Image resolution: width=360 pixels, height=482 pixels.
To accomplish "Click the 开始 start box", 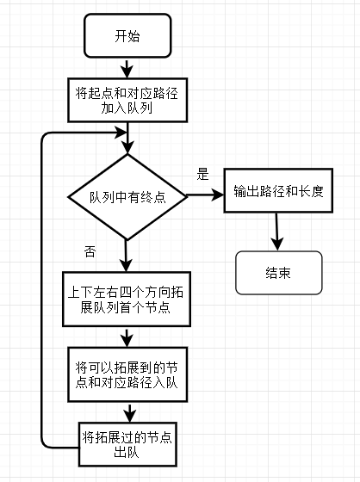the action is pyautogui.click(x=127, y=35).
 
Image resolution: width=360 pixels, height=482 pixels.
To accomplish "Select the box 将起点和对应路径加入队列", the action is pyautogui.click(x=127, y=100).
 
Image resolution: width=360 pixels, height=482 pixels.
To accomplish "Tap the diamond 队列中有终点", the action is pyautogui.click(x=127, y=197).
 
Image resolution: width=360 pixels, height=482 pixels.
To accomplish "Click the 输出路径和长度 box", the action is pyautogui.click(x=278, y=190).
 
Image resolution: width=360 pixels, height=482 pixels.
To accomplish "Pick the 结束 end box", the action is pyautogui.click(x=279, y=273).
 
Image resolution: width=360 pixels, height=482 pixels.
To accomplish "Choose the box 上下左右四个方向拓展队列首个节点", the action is pyautogui.click(x=127, y=300).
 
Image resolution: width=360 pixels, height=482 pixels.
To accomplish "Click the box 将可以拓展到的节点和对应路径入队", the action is pyautogui.click(x=127, y=374).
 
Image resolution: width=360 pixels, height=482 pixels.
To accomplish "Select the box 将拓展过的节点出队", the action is pyautogui.click(x=127, y=444).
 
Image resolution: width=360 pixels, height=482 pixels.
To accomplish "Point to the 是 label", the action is pyautogui.click(x=202, y=174).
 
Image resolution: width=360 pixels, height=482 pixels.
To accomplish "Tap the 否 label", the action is pyautogui.click(x=90, y=251).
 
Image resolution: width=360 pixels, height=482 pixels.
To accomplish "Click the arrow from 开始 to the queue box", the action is pyautogui.click(x=127, y=68).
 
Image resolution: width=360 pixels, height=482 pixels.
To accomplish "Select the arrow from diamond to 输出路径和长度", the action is pyautogui.click(x=205, y=195).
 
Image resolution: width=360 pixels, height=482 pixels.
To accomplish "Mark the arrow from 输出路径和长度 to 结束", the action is pyautogui.click(x=277, y=232).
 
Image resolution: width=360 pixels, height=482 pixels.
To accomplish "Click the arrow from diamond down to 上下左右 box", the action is pyautogui.click(x=126, y=256).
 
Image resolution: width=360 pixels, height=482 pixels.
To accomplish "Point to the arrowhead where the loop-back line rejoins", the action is pyautogui.click(x=121, y=133).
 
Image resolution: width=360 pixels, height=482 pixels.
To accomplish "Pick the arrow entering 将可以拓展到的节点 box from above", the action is pyautogui.click(x=127, y=337).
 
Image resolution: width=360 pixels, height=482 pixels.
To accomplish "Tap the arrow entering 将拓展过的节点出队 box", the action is pyautogui.click(x=130, y=412).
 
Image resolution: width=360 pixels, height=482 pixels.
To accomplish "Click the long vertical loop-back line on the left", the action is pyautogui.click(x=42, y=290).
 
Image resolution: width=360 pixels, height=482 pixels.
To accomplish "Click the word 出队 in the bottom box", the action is pyautogui.click(x=127, y=452).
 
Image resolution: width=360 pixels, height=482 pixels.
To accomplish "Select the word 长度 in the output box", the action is pyautogui.click(x=311, y=191).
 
